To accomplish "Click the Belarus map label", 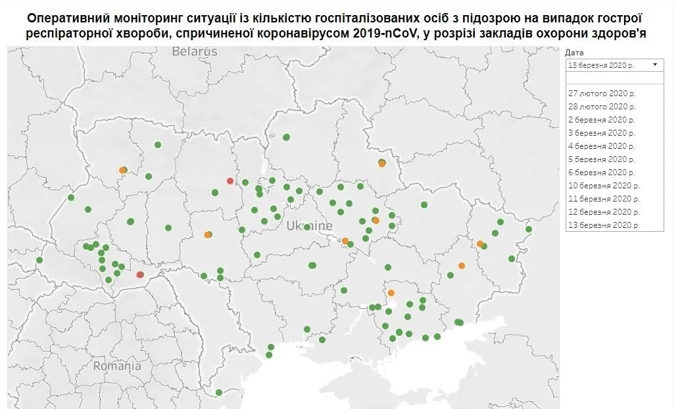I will coord(194,51).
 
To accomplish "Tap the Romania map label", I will coord(116,366).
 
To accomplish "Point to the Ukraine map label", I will coord(309,226).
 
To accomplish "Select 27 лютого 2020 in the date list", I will coord(602,93).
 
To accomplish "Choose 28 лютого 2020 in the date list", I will coord(602,106).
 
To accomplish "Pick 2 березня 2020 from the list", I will coord(602,119).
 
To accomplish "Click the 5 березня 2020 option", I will coord(602,159).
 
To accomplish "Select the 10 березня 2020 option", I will coord(603,185).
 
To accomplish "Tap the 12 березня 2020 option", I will coord(603,211).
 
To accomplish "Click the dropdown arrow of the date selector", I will coord(655,65).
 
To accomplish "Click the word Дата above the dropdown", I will coord(574,53).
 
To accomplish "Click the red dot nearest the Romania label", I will coord(140,275).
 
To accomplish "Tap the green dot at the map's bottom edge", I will coord(219,393).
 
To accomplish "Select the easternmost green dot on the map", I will coord(528,229).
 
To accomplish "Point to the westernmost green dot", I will coord(39,260).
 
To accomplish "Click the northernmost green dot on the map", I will coord(287,137).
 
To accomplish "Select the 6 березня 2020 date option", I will coord(602,172).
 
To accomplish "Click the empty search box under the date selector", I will coord(614,78).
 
